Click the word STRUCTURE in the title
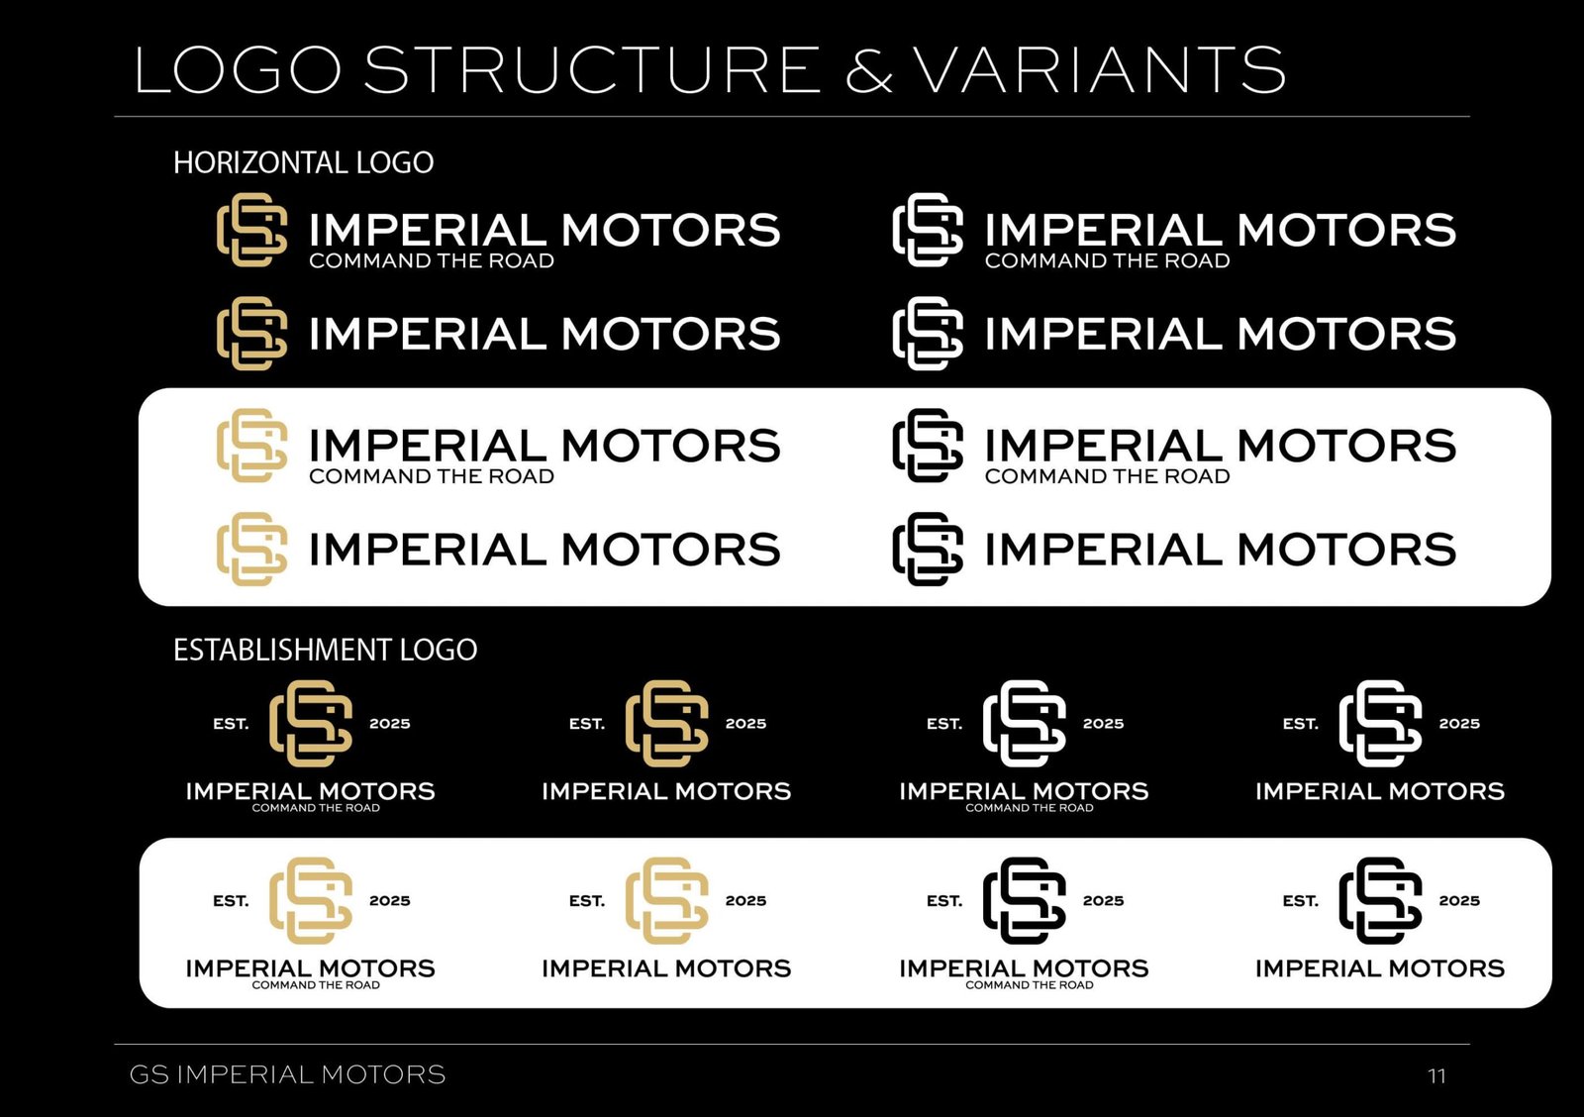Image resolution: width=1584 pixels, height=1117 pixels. tap(592, 69)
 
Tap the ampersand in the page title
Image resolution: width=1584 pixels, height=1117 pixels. tap(869, 69)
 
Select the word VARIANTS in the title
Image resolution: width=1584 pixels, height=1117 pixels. tap(1100, 69)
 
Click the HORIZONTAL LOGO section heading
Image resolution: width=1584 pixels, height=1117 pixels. tap(303, 162)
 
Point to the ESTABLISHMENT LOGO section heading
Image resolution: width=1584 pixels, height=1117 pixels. tap(326, 650)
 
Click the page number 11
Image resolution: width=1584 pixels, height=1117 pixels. tap(1436, 1076)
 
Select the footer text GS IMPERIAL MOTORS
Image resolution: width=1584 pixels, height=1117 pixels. tap(287, 1074)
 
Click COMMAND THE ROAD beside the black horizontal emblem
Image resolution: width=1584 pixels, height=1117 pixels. tap(1108, 476)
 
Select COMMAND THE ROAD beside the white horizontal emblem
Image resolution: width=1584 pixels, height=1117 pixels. tap(1108, 261)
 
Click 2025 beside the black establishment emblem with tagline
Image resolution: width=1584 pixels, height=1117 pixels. tap(1103, 900)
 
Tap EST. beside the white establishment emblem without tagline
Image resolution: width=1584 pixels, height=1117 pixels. tap(1301, 724)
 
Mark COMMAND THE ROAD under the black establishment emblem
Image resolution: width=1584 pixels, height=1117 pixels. tap(1030, 984)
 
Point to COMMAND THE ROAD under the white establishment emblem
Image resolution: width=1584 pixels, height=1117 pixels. tap(1030, 808)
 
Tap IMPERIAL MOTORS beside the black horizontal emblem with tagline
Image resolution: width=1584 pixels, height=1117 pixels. tap(1221, 446)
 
